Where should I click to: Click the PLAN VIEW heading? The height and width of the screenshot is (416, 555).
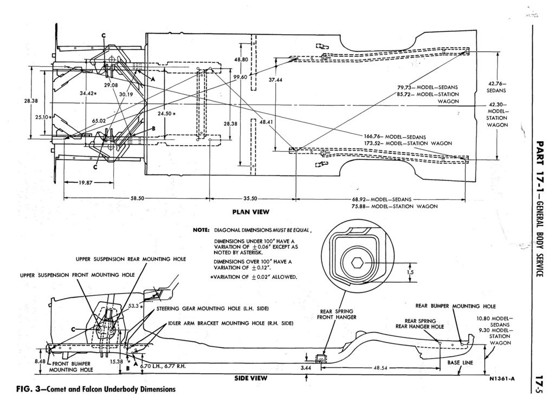click(x=251, y=211)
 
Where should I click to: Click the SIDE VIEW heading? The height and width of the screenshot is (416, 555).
click(x=250, y=379)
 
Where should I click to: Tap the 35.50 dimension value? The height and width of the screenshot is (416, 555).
click(x=250, y=199)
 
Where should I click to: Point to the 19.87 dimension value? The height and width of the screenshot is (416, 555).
click(x=85, y=183)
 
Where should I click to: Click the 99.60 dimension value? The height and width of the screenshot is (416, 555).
click(x=240, y=77)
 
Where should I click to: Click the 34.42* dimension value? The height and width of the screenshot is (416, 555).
click(x=88, y=93)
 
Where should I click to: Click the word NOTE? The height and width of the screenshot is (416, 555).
click(x=201, y=230)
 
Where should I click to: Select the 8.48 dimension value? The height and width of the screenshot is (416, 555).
click(x=39, y=361)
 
